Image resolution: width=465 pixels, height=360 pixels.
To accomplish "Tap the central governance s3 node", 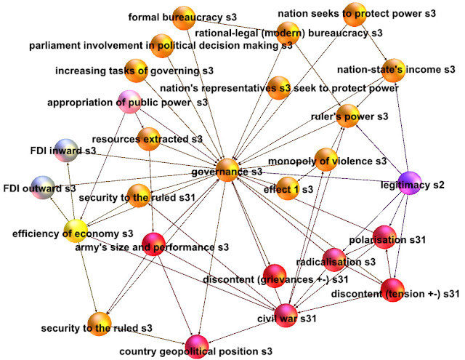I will pos(228,170).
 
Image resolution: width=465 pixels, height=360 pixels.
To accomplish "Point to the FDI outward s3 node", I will pos(42,187).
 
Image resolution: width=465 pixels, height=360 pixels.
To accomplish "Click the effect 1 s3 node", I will pos(288,187).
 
